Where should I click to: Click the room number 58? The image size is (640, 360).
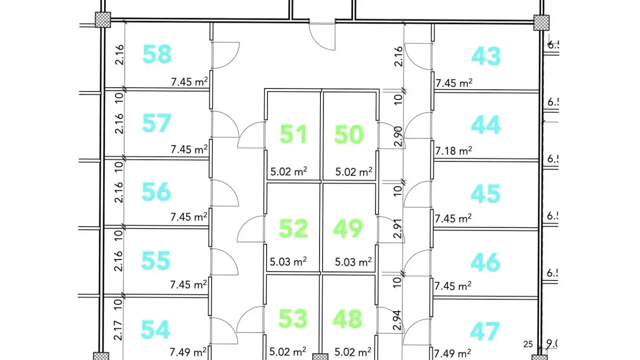click(157, 54)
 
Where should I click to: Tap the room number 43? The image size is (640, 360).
click(486, 56)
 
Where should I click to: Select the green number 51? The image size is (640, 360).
click(293, 134)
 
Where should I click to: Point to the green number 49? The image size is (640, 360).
click(348, 228)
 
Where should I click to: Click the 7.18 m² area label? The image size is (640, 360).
click(453, 151)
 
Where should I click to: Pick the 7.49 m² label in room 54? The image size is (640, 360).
click(188, 352)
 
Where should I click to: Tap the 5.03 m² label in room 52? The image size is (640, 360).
click(288, 262)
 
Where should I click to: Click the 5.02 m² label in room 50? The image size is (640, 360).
click(354, 172)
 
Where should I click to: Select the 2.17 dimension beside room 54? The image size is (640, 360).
click(118, 331)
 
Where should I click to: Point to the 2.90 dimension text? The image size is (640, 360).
click(398, 136)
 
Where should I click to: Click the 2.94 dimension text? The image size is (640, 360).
click(397, 320)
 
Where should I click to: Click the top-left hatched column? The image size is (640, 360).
click(103, 20)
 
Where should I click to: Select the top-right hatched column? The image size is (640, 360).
click(541, 23)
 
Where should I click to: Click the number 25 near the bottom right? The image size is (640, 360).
click(528, 344)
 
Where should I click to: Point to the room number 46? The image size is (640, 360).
click(485, 262)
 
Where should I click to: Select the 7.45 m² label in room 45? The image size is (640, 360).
click(453, 219)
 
